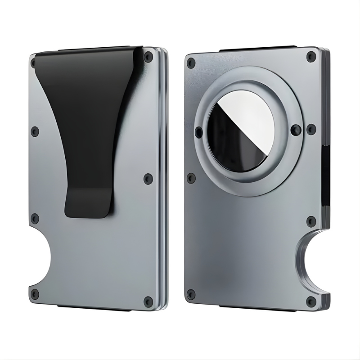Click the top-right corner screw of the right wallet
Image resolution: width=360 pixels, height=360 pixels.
[x=310, y=57]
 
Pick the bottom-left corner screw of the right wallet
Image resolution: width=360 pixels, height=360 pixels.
[x=191, y=295]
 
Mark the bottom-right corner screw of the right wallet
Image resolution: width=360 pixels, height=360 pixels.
[x=310, y=300]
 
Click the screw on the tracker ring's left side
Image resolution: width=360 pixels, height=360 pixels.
[x=199, y=132]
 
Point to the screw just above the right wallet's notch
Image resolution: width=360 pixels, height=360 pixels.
[x=310, y=221]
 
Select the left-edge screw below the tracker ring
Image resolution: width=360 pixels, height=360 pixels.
[x=191, y=178]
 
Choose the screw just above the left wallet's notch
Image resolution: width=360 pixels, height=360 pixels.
[x=35, y=219]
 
